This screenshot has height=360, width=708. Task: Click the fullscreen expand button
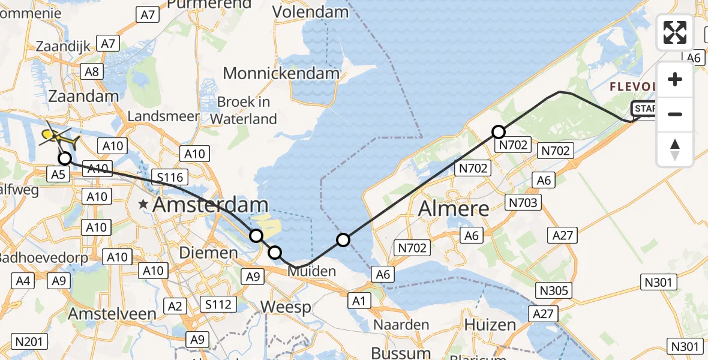coord(675,32)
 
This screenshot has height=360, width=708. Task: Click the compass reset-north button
coord(675,149)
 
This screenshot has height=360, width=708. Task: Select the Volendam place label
coord(310,12)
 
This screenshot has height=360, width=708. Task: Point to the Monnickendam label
coord(281,74)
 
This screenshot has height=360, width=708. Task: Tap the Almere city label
coord(453,208)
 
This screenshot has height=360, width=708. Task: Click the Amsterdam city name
coord(210,205)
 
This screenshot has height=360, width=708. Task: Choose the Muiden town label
coord(311,271)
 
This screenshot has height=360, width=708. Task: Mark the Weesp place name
coord(286,308)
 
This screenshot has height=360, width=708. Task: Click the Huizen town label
coord(490,325)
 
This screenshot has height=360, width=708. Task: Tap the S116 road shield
coord(170,177)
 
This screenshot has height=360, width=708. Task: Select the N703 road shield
coord(523,202)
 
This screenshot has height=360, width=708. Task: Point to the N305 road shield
coord(553,291)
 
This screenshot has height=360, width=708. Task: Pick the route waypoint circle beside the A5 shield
coord(64,158)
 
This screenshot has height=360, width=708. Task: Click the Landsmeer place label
coord(163,116)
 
